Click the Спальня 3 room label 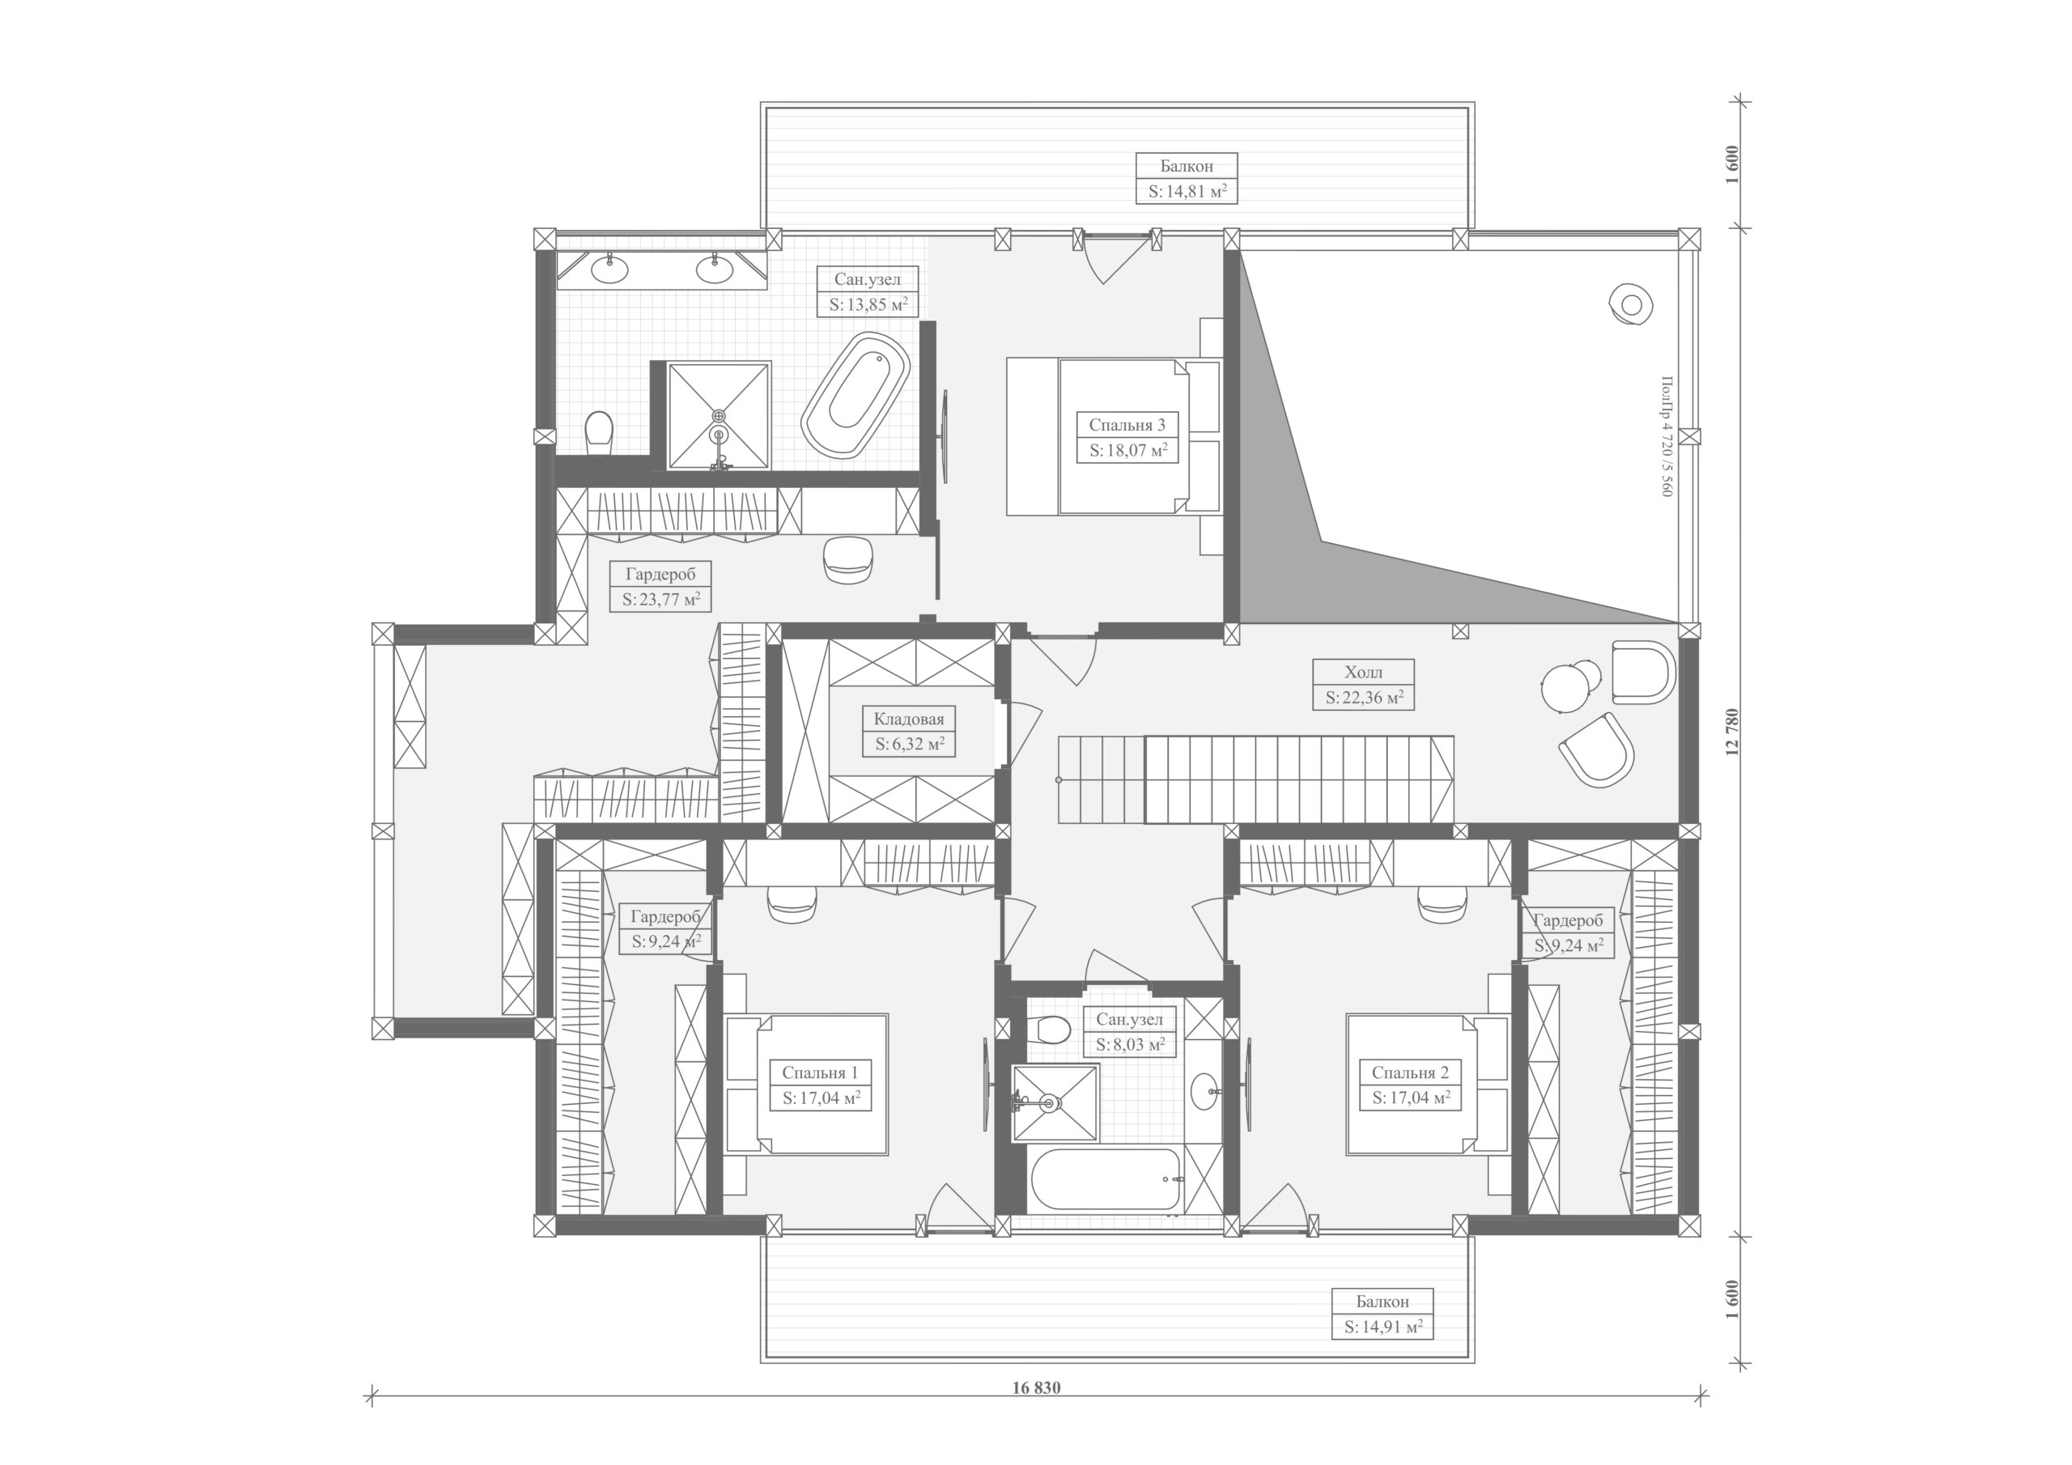(1127, 424)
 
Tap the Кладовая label (909, 719)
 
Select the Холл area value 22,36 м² (1364, 697)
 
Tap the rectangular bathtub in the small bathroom (1105, 1181)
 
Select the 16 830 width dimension (1036, 1387)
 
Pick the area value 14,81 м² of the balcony (1187, 191)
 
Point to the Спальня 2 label (1410, 1072)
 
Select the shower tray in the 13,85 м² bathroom (719, 415)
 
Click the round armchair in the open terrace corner (1631, 305)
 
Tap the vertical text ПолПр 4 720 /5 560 (1666, 436)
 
